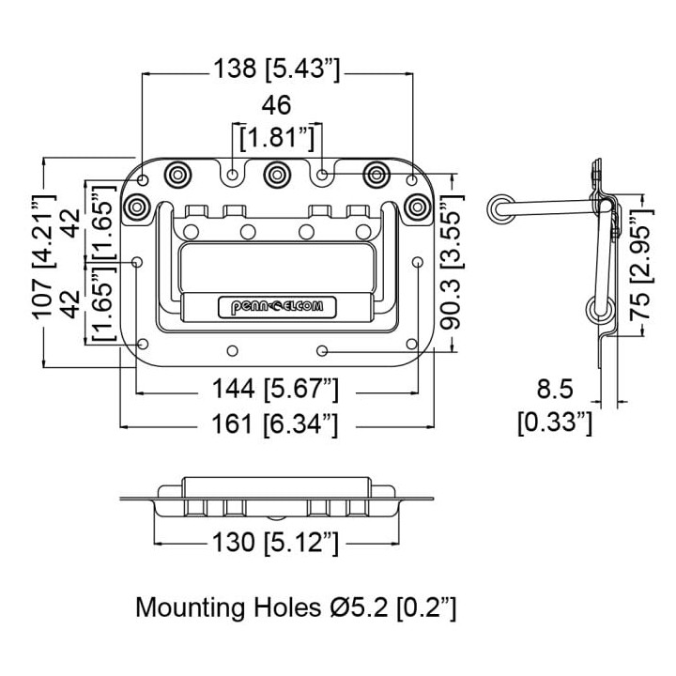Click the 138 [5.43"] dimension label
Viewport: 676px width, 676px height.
tap(277, 69)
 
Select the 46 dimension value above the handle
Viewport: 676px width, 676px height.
tap(276, 105)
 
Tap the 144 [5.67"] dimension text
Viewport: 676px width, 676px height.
tap(275, 389)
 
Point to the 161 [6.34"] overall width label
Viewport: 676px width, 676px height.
tap(274, 423)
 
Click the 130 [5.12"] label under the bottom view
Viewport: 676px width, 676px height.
tap(275, 542)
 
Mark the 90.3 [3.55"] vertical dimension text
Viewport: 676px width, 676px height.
tap(453, 262)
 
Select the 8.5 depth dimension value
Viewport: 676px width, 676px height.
tap(555, 389)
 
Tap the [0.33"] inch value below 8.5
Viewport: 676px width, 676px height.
tap(555, 422)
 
